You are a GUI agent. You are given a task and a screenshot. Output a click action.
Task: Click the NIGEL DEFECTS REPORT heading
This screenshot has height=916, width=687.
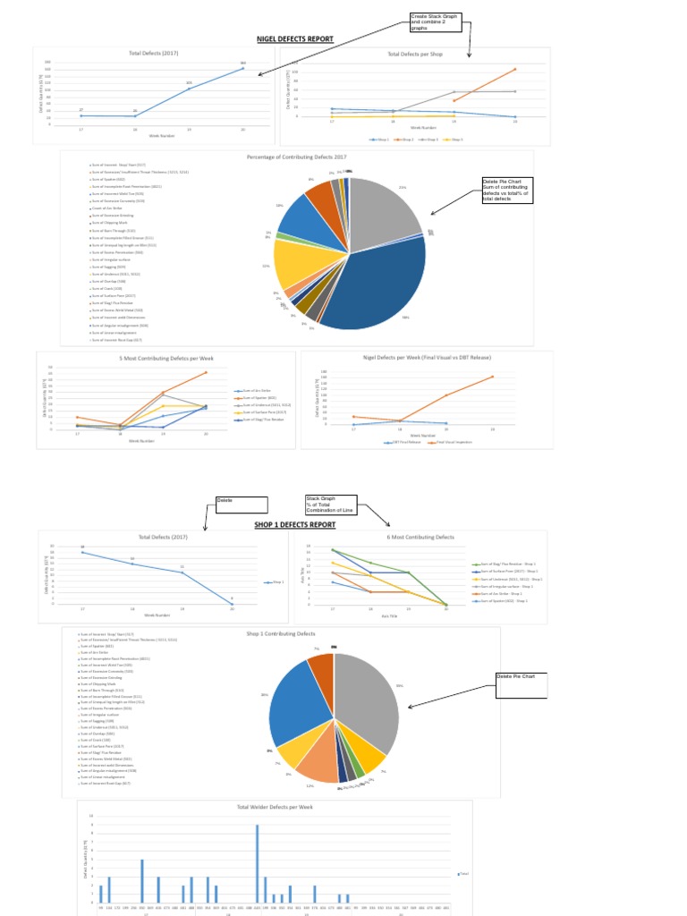pos(294,39)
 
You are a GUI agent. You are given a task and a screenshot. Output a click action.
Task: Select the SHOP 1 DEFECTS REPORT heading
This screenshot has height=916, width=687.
pos(294,525)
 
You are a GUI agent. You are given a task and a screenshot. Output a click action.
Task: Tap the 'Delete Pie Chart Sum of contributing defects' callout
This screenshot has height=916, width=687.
pos(506,191)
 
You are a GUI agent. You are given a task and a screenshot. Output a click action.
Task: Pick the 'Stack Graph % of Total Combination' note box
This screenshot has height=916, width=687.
pos(330,505)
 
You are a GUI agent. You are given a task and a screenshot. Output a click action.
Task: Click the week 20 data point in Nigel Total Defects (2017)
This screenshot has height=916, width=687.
pos(242,68)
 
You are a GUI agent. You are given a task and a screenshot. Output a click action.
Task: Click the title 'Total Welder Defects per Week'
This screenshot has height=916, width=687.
pos(275,807)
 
